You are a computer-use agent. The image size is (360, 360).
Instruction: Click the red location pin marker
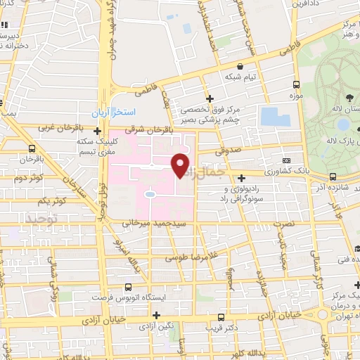coord(181,165)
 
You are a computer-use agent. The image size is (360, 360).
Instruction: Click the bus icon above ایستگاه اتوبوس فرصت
coord(128,287)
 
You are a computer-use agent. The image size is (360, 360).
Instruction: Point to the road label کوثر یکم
coord(53,201)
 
